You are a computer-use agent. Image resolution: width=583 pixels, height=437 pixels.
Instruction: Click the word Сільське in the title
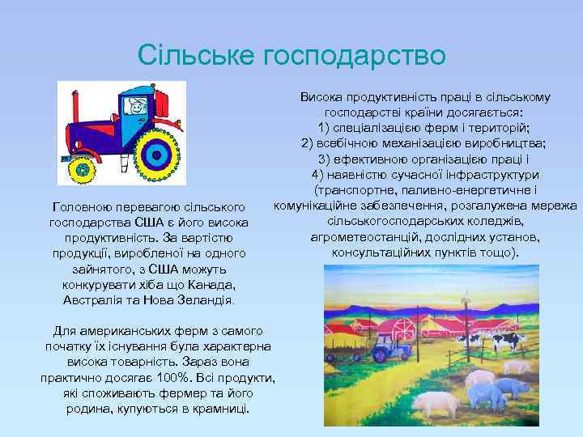click(196, 55)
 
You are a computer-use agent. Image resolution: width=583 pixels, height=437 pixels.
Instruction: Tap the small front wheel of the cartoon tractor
click(81, 169)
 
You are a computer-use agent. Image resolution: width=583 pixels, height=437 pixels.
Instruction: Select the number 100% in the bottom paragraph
click(199, 378)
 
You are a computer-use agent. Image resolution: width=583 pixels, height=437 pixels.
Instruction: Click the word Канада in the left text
click(214, 284)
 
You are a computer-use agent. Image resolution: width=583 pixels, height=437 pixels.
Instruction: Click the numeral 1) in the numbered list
click(325, 128)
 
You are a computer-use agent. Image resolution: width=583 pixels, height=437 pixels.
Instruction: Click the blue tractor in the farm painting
click(398, 350)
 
